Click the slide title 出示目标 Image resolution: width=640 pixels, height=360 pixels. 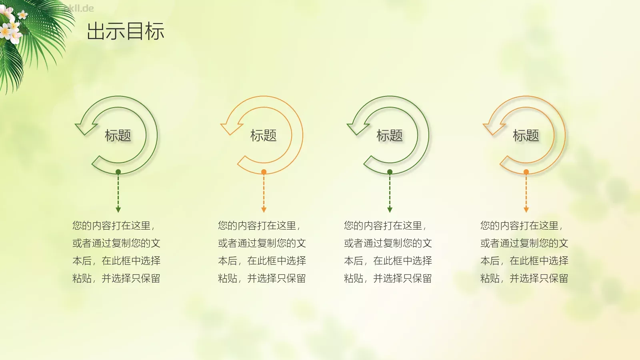pos(125,31)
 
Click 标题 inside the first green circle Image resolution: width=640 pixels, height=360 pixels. pos(118,136)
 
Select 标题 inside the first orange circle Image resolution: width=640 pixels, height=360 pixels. pos(264,136)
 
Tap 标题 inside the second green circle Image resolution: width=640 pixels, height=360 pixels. pos(390,136)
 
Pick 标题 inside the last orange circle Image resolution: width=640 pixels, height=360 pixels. pos(526,136)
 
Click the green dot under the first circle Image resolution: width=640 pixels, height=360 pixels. pos(118,172)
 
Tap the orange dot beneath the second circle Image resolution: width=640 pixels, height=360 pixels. pos(264,172)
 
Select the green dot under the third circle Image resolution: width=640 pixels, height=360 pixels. pos(390,172)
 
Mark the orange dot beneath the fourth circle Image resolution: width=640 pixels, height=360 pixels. pos(526,172)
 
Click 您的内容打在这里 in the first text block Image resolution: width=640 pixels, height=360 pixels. pos(112,226)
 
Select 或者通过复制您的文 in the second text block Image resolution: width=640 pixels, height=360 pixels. pos(262,243)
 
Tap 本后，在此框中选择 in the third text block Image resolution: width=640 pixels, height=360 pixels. pos(388,261)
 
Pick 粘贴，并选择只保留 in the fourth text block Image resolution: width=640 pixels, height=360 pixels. pos(524,278)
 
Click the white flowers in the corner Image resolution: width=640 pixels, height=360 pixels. pos(11,28)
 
